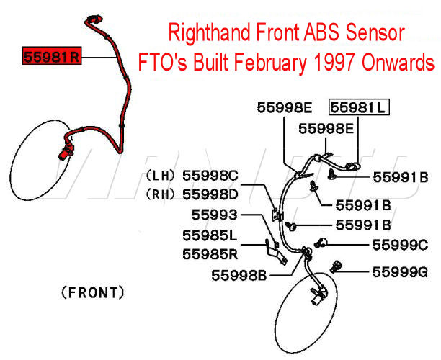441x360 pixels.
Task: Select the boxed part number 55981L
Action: pyautogui.click(x=358, y=108)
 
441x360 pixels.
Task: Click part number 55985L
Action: pyautogui.click(x=210, y=235)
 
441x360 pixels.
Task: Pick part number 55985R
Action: pyautogui.click(x=210, y=253)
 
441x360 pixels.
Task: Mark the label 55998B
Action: pyautogui.click(x=241, y=274)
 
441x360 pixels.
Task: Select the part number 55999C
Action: pyautogui.click(x=400, y=245)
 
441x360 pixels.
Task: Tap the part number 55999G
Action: pyautogui.click(x=400, y=272)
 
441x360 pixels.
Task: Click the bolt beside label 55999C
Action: pyautogui.click(x=322, y=243)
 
